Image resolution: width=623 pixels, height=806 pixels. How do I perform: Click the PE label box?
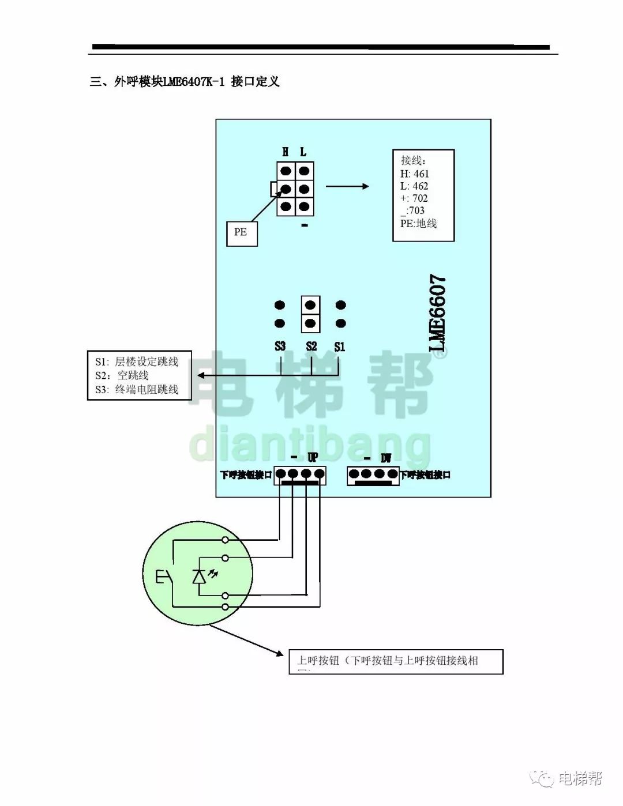click(241, 232)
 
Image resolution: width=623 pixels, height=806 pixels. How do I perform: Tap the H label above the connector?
click(286, 152)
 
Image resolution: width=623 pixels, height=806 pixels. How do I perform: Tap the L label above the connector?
click(303, 152)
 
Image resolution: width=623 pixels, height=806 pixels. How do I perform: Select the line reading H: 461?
click(415, 174)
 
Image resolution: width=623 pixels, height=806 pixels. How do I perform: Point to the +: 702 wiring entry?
click(414, 198)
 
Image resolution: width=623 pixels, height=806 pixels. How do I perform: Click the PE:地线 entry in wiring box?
click(419, 223)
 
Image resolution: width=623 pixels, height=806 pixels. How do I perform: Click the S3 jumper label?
click(280, 346)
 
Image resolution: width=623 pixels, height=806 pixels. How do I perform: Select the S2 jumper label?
click(311, 346)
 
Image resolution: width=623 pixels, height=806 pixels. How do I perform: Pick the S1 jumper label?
click(340, 346)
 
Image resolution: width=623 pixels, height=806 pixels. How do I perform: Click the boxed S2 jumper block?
click(310, 314)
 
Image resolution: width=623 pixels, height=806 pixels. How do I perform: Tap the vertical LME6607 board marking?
click(438, 313)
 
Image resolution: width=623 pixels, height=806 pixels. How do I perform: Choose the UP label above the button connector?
click(313, 458)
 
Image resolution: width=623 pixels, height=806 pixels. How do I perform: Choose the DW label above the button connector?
click(386, 458)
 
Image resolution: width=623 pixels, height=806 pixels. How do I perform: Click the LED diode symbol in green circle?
click(199, 577)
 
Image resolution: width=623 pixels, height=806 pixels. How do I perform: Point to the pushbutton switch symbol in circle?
click(163, 577)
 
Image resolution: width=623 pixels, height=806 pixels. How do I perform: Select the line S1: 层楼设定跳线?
click(137, 361)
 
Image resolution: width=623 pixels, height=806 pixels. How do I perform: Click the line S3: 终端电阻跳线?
click(137, 390)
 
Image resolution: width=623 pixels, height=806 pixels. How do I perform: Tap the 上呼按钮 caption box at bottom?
click(396, 661)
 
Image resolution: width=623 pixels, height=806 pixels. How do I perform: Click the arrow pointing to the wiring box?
click(347, 186)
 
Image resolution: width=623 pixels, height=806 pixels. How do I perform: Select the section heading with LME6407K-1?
click(185, 81)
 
